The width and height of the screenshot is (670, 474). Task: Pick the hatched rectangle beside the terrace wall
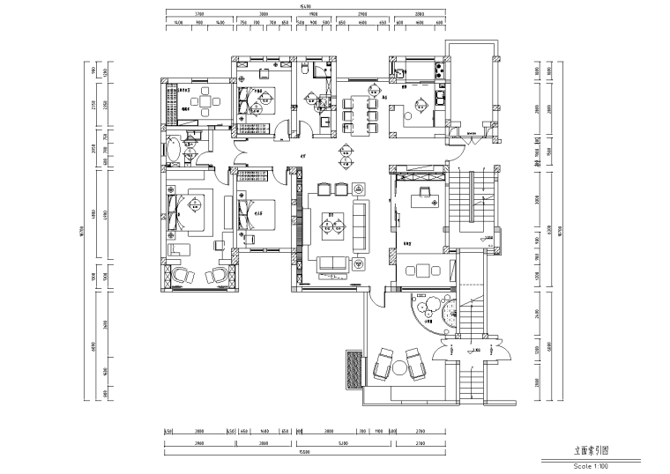click(354, 367)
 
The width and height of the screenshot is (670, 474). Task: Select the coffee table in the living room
click(332, 229)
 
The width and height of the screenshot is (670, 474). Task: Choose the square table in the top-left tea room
click(205, 102)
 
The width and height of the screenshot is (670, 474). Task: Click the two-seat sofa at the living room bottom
click(332, 263)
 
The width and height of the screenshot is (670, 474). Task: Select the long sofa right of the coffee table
click(361, 224)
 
